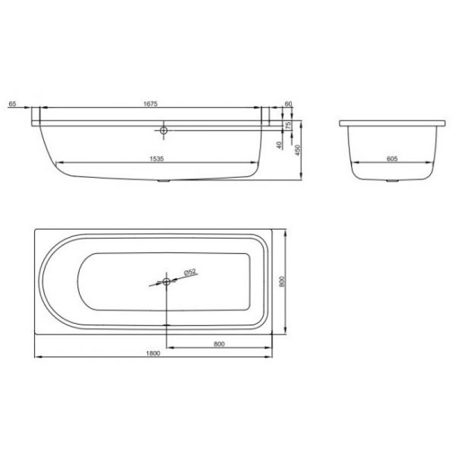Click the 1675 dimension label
click(150, 104)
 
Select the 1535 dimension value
click(157, 159)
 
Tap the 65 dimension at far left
click(13, 104)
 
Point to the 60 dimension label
click(288, 104)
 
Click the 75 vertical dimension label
click(288, 125)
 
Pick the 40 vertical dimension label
click(279, 145)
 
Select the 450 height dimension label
click(297, 150)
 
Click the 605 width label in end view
click(392, 159)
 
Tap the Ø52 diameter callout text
click(190, 272)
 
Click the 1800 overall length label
click(153, 353)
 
